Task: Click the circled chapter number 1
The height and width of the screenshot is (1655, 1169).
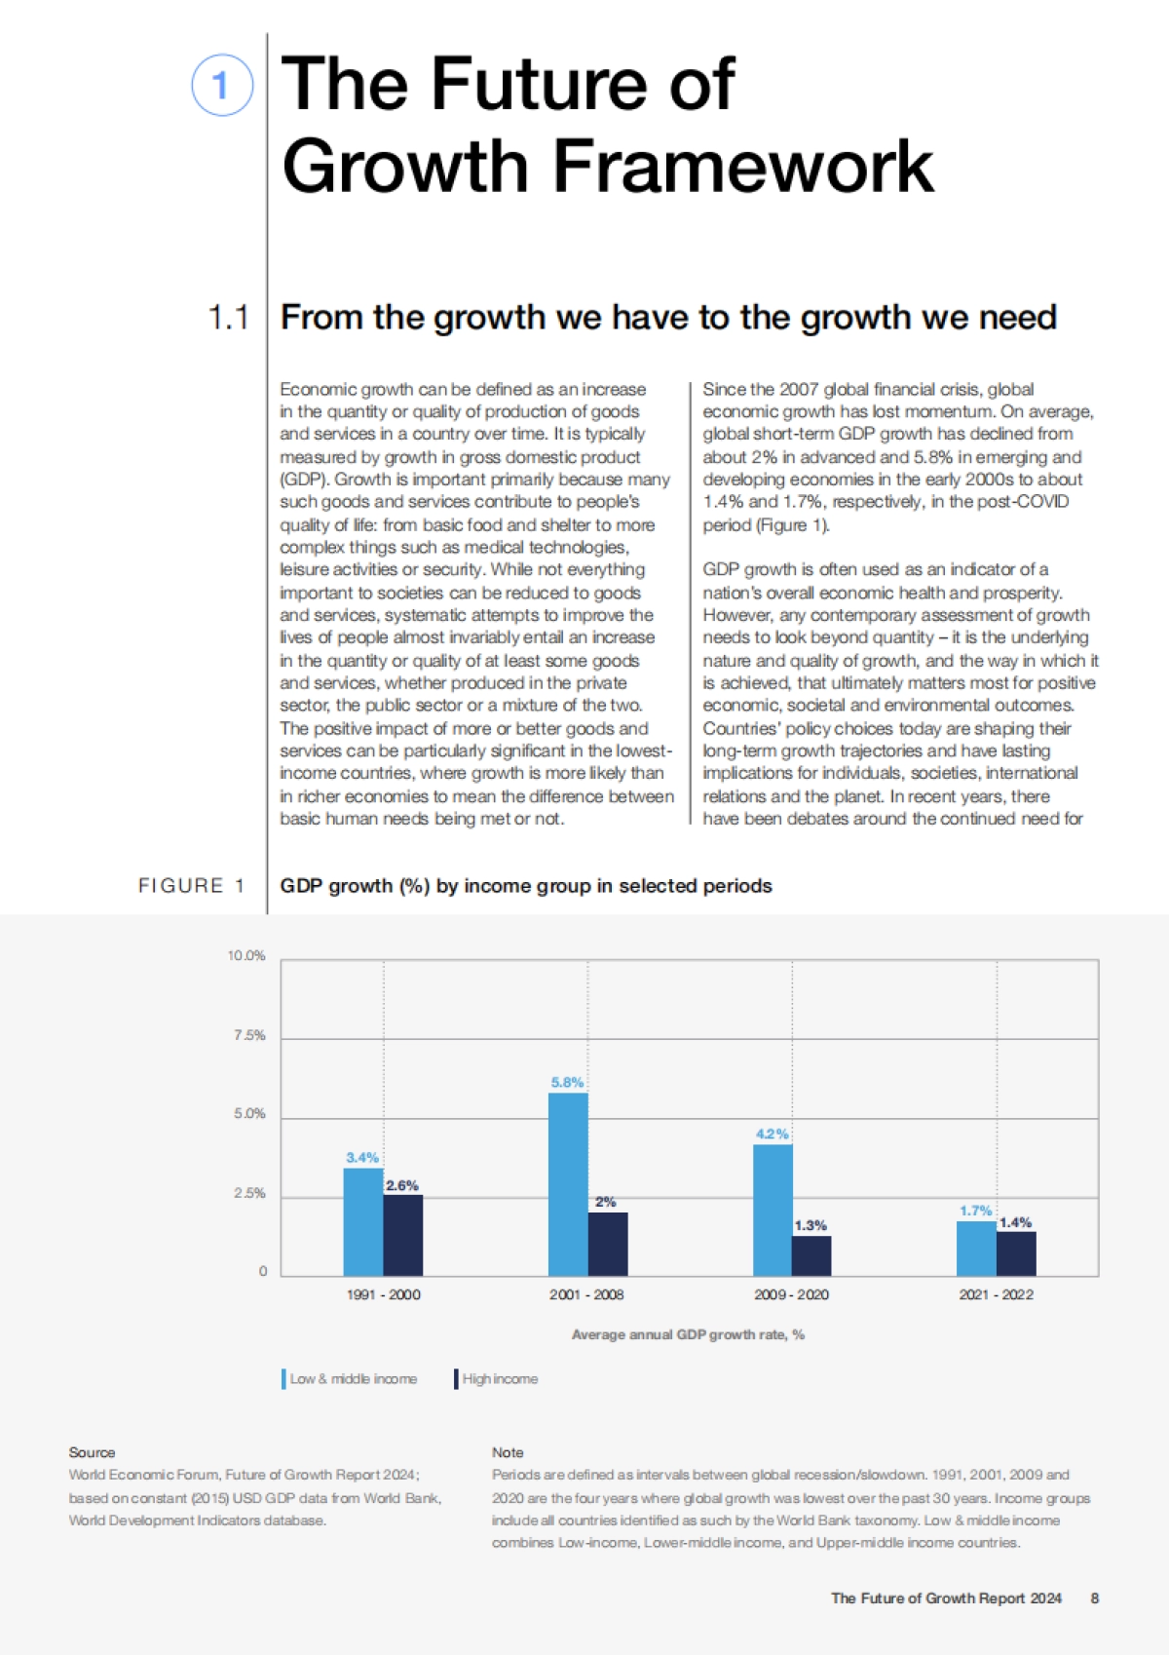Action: [x=222, y=85]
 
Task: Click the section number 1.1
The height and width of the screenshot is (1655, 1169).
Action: [x=229, y=318]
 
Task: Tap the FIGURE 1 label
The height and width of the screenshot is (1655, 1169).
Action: [x=191, y=885]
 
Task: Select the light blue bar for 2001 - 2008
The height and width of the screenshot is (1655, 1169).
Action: [x=568, y=1184]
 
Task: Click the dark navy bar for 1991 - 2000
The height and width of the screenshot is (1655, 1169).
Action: [x=403, y=1235]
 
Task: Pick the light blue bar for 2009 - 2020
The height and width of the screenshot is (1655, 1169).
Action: [x=773, y=1210]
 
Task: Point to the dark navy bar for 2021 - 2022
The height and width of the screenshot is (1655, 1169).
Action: [x=1016, y=1253]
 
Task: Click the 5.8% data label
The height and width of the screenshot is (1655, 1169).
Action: [x=567, y=1082]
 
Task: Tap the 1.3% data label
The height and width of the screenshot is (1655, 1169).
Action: [x=811, y=1225]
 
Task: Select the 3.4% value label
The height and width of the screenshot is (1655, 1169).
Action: [x=362, y=1157]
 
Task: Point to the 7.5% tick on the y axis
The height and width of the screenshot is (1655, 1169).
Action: [x=249, y=1035]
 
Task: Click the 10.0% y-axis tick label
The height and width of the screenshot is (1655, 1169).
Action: [x=246, y=955]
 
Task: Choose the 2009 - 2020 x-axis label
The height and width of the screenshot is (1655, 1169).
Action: [x=791, y=1294]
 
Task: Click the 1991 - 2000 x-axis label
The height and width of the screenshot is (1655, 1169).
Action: [x=384, y=1294]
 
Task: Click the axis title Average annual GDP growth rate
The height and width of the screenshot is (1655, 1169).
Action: [x=688, y=1334]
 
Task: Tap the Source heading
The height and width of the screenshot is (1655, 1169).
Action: [x=92, y=1452]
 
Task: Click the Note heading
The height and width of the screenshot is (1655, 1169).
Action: [x=508, y=1452]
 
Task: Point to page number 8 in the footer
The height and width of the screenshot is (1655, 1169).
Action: [x=1095, y=1598]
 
